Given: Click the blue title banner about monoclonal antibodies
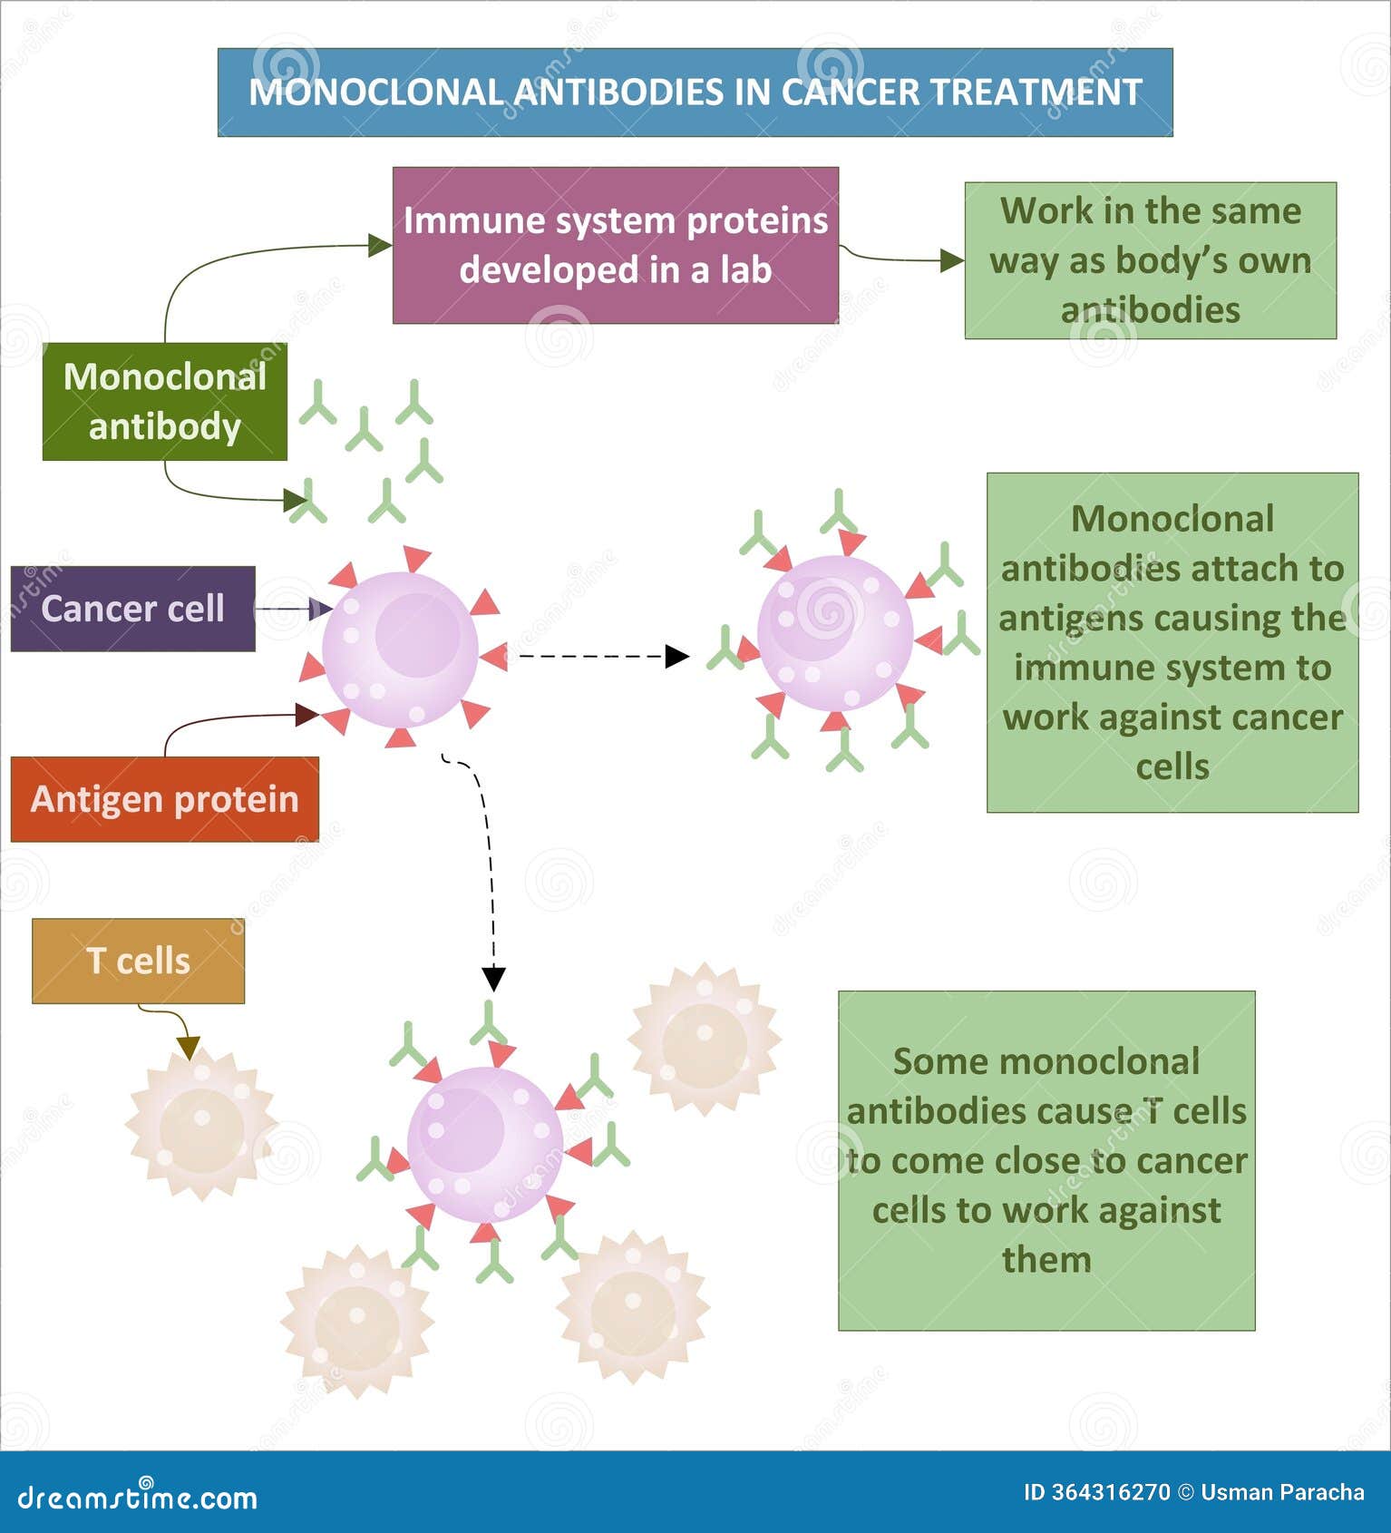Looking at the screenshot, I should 695,93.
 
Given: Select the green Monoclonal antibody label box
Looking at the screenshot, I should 164,402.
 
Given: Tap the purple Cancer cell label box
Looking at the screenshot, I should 132,609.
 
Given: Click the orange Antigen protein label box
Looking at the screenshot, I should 164,799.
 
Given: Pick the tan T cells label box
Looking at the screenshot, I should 138,961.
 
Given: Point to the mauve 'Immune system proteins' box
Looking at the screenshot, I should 615,245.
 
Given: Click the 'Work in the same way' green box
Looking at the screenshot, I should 1150,260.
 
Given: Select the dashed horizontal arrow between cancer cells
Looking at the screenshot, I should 598,656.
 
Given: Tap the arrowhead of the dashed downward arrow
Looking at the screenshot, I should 493,979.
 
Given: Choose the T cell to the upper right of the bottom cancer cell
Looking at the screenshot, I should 705,1040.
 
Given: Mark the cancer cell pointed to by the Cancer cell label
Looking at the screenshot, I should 400,649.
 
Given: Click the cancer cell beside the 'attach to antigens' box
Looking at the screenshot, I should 835,633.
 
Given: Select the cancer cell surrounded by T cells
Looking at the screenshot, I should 484,1144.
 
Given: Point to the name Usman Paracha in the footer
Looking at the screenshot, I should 1282,1492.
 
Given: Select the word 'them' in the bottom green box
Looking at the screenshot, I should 1046,1260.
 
